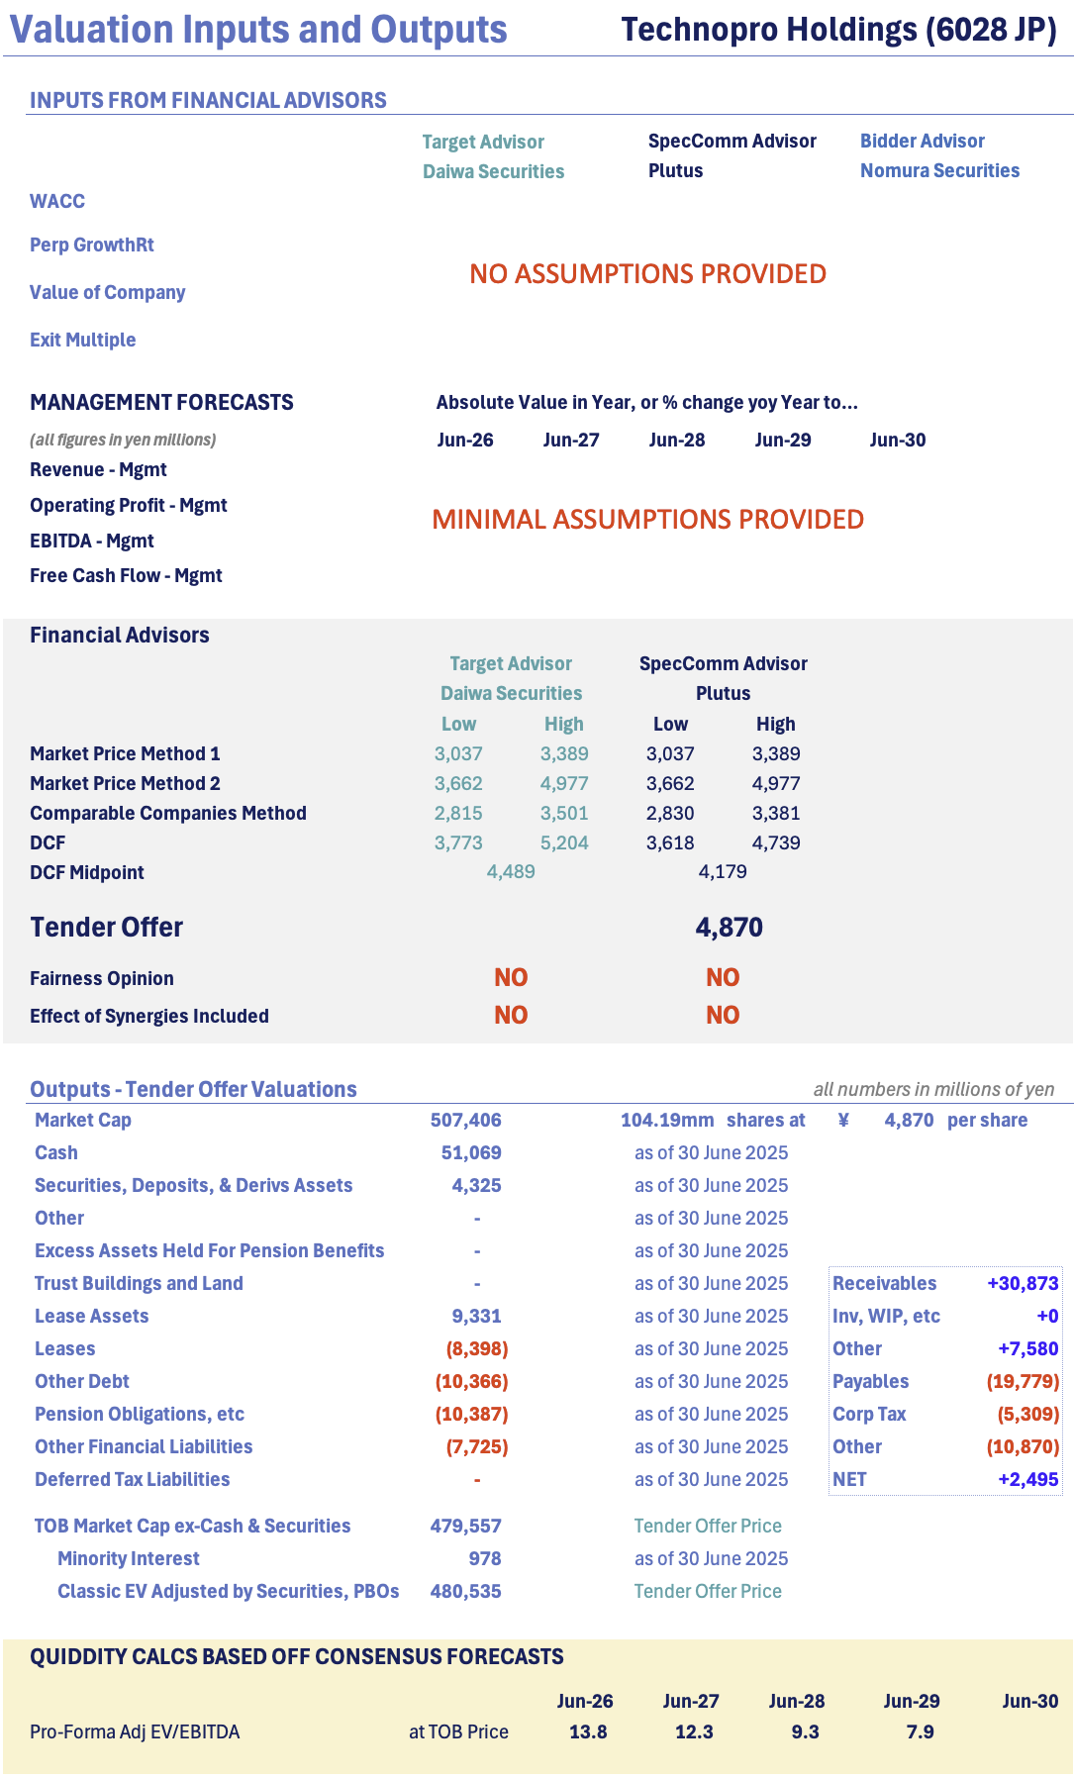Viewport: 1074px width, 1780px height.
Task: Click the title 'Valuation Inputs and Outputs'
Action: click(258, 30)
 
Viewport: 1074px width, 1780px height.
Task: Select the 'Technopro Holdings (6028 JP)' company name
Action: click(838, 30)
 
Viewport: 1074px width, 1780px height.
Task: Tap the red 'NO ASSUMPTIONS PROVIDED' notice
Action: click(647, 273)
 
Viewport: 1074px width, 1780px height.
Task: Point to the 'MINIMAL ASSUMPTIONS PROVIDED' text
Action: click(647, 519)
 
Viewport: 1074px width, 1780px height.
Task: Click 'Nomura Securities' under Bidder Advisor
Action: click(939, 170)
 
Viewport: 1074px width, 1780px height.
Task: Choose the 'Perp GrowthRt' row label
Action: click(92, 245)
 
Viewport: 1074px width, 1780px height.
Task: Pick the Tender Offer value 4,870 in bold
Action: click(729, 928)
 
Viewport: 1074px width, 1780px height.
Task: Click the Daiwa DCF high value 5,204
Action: click(564, 842)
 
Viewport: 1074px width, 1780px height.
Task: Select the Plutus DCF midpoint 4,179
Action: click(723, 871)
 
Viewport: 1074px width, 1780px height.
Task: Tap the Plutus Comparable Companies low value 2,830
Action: click(670, 813)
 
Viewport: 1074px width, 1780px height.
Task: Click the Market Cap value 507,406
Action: click(465, 1120)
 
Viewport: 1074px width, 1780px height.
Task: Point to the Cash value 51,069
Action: click(471, 1152)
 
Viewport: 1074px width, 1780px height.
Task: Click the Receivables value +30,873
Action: click(1023, 1283)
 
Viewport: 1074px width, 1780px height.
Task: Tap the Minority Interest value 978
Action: click(485, 1558)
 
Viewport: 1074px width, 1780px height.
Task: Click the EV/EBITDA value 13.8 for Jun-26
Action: click(588, 1731)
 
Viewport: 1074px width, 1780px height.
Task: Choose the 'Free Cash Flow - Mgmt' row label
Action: click(126, 575)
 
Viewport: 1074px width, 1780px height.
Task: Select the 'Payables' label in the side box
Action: click(870, 1381)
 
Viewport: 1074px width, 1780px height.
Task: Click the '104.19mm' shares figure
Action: click(666, 1120)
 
